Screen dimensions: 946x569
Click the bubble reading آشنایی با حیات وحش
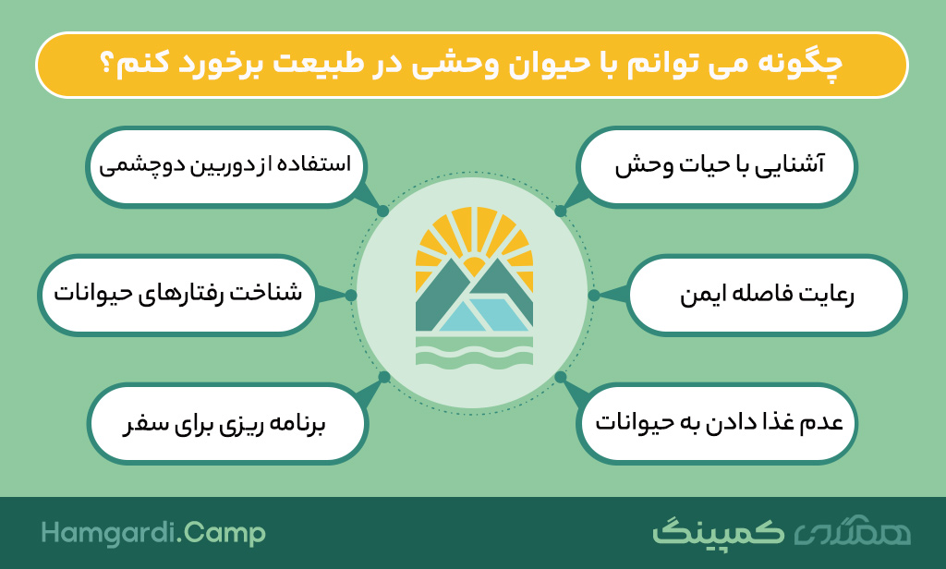click(x=717, y=166)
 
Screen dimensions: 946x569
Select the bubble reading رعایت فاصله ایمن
click(x=767, y=295)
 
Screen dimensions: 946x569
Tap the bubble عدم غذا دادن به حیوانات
click(x=717, y=423)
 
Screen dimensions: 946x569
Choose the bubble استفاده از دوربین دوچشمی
click(x=226, y=166)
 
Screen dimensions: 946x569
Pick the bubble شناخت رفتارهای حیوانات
click(x=178, y=295)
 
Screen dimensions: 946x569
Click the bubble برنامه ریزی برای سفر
click(x=227, y=423)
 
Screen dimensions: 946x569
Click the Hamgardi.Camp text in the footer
click(x=153, y=533)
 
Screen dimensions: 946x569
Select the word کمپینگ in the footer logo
click(x=718, y=532)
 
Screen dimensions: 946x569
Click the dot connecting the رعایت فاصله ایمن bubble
click(x=594, y=295)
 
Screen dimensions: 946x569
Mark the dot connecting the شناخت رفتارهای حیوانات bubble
click(x=350, y=295)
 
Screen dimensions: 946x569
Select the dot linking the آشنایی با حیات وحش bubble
click(x=561, y=212)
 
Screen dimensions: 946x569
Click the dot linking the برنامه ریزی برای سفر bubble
click(x=383, y=378)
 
